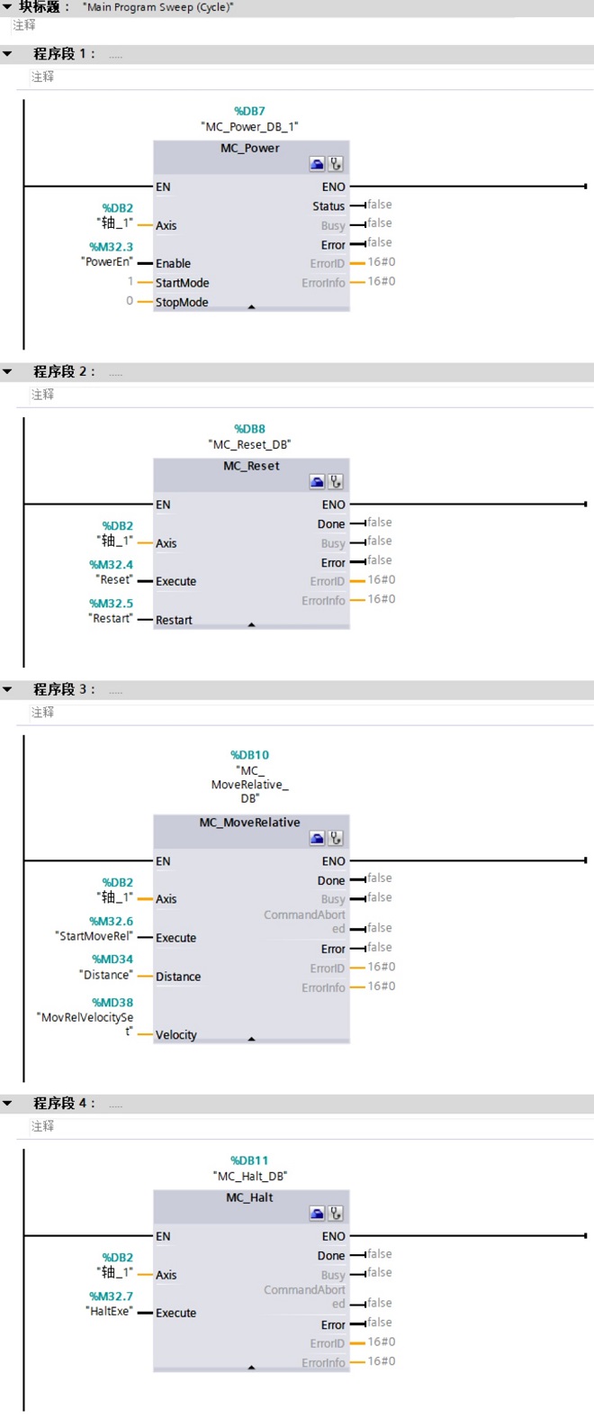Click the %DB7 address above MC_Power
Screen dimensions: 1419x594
(249, 112)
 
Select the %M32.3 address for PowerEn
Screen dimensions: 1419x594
(111, 247)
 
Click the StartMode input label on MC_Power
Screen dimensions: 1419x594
(182, 283)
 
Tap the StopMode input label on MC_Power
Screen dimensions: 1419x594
(181, 303)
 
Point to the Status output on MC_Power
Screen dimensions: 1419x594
(328, 206)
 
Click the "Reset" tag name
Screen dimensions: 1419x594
(114, 580)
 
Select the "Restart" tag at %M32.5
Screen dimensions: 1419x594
(111, 619)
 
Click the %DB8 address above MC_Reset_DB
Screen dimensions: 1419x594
(249, 430)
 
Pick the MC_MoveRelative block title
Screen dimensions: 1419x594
(249, 823)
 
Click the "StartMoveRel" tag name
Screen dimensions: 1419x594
(94, 936)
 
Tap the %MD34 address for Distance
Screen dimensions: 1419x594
(112, 960)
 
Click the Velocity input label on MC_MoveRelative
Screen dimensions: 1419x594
(175, 1035)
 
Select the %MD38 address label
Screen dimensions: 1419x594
(112, 1003)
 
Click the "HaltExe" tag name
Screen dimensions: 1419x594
(109, 1312)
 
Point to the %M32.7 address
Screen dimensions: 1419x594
(111, 1296)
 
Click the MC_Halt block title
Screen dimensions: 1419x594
(249, 1198)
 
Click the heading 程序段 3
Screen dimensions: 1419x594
(63, 689)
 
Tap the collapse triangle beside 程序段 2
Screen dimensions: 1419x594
(8, 372)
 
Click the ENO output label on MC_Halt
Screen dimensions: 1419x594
(333, 1237)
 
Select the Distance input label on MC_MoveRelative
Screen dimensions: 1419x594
(178, 977)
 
